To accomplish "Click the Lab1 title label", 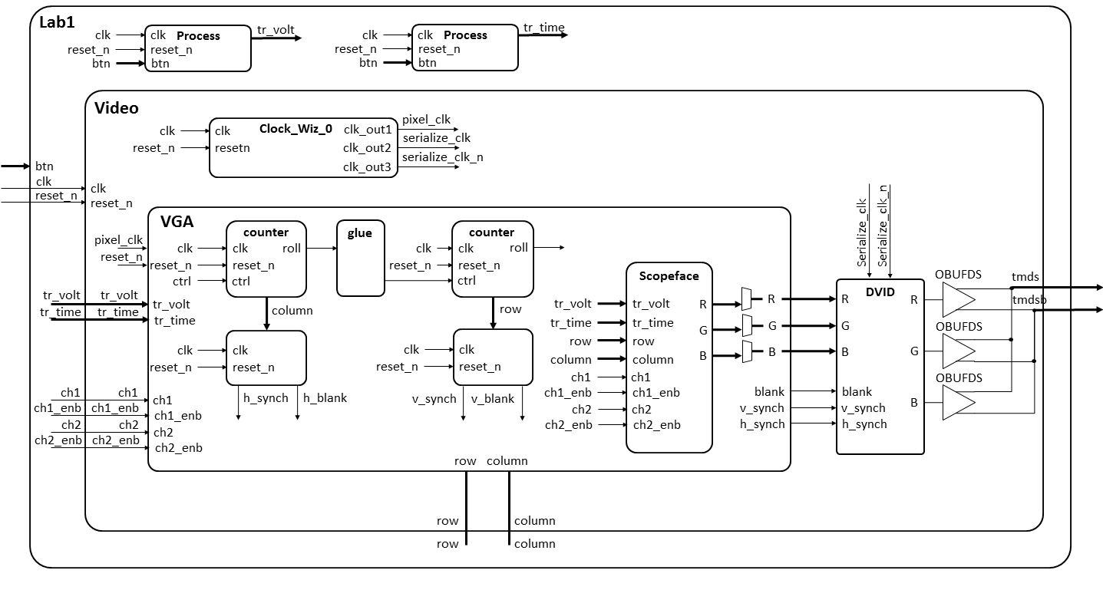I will click(x=57, y=24).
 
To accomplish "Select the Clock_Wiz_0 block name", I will click(x=296, y=129).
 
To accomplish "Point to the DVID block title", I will click(x=880, y=292).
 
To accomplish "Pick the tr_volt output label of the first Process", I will click(x=276, y=30).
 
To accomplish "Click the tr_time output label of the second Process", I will click(x=543, y=28).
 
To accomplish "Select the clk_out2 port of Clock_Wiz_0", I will click(x=367, y=147).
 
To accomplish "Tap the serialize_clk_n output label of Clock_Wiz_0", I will click(x=443, y=157).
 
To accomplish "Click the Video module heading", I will click(x=116, y=108).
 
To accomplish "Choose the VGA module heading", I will click(x=177, y=222).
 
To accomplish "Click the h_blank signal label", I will click(x=325, y=397).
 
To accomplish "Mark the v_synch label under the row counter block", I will click(x=440, y=398).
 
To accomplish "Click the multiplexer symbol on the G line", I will click(x=747, y=326).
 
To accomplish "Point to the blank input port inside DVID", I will click(x=857, y=391).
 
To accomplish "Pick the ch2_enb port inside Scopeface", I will click(x=656, y=425).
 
